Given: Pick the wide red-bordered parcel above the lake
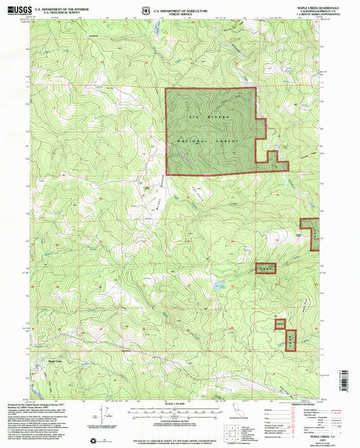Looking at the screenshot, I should (x=266, y=269).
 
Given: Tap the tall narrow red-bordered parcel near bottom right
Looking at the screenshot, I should (x=290, y=339).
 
